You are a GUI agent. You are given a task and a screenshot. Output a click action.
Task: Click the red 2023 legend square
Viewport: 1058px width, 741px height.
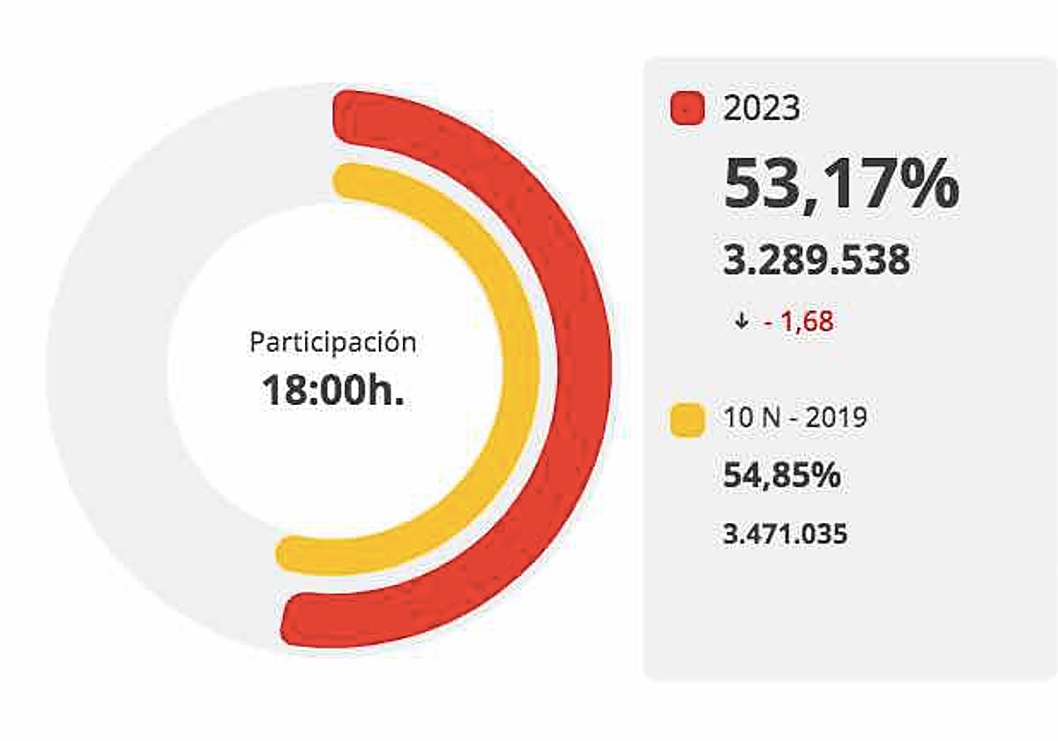point(688,109)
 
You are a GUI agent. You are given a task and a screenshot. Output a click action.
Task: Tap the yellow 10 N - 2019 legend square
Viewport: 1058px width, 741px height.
point(688,419)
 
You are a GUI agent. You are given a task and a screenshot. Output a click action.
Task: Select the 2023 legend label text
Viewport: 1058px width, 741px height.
point(762,109)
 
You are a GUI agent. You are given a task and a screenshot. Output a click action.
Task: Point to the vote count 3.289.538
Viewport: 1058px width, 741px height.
point(816,261)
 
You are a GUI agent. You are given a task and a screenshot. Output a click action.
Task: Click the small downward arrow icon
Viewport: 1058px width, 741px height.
point(741,322)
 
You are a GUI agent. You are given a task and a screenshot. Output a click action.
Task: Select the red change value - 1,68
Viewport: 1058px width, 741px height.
point(799,322)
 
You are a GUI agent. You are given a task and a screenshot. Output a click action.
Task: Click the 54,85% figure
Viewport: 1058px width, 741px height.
point(782,476)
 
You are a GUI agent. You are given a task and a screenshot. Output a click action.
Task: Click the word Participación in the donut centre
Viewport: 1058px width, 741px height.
point(332,342)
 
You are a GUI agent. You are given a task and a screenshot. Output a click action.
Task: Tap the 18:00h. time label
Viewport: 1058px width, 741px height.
point(332,391)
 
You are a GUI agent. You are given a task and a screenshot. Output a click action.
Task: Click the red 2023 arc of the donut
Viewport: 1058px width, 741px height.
point(578,370)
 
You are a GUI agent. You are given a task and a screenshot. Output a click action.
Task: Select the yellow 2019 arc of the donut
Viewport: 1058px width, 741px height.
point(520,370)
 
